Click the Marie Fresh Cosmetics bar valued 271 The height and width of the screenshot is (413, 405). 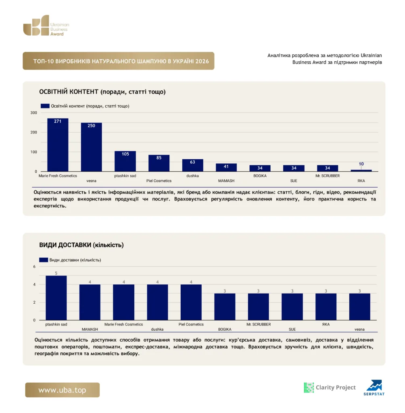[x=58, y=145]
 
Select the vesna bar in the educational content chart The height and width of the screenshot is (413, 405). [x=92, y=147]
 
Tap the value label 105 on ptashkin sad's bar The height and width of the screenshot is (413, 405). [x=125, y=154]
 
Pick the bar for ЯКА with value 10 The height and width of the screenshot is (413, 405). [x=361, y=171]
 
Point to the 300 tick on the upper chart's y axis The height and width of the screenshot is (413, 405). [x=34, y=113]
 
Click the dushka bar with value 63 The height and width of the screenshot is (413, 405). [x=193, y=165]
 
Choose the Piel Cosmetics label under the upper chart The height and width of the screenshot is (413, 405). [x=159, y=181]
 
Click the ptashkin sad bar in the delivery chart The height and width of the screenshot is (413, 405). [x=56, y=298]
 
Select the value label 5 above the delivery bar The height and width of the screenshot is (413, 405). [x=56, y=273]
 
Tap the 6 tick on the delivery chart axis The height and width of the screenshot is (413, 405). [x=34, y=267]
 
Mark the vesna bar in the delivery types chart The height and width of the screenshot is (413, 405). [x=360, y=307]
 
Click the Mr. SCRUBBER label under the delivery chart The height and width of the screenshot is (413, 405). [x=259, y=324]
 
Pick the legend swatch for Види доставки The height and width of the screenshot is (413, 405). [x=44, y=260]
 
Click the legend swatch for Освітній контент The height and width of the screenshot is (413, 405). [x=45, y=106]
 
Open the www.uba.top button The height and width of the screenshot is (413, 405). [x=63, y=390]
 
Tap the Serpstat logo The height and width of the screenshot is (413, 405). [x=374, y=388]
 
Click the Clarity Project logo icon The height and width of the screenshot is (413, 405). [x=309, y=388]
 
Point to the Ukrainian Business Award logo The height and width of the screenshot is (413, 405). [x=46, y=25]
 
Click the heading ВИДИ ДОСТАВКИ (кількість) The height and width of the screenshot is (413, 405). [x=81, y=245]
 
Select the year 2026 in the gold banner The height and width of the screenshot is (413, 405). [x=202, y=61]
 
